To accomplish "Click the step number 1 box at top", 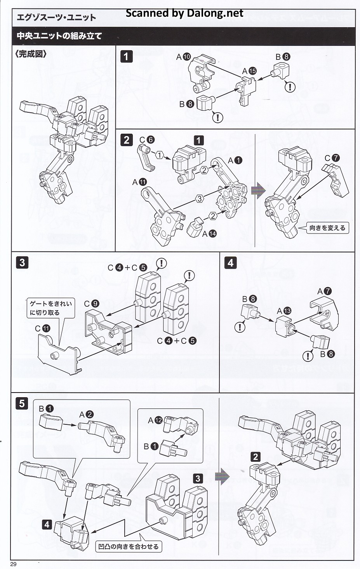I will pos(126,56).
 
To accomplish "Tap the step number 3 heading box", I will pos(22,262).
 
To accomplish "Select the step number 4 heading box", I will pos(230,263).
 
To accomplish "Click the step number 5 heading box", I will pos(22,403).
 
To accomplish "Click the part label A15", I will pos(249,71).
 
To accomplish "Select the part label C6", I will pos(147,140).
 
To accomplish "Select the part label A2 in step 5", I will pos(86,415).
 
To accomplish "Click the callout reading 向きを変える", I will pos(327,228).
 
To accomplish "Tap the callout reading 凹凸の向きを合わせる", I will pos(128,546).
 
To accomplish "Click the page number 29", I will pos(14,564).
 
